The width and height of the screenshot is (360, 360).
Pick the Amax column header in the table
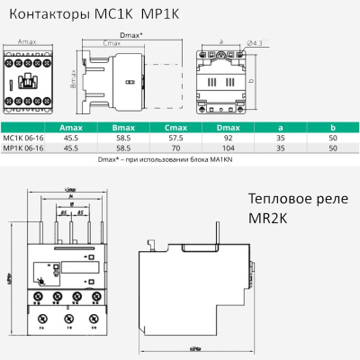point(70,128)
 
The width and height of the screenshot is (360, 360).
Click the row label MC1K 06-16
point(22,138)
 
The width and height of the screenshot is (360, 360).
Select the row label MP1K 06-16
point(22,148)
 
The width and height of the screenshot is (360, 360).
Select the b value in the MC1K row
point(333,138)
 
